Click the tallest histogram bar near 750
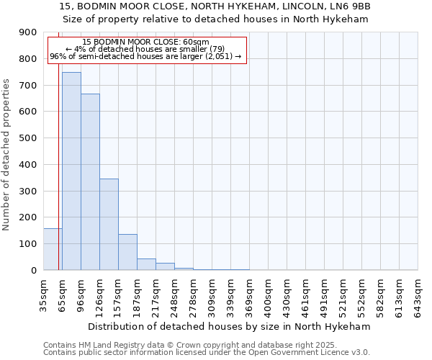pos(71,171)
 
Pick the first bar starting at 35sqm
pos(53,249)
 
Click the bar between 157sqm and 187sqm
pos(127,252)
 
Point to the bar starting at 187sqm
pos(146,264)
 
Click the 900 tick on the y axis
pos(28,32)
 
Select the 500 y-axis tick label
pos(28,138)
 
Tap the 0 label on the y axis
pos(34,271)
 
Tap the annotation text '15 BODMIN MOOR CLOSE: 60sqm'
pos(146,42)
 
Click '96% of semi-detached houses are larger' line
pos(146,56)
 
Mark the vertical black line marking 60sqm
pos(58,166)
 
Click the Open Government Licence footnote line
pos(207,353)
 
